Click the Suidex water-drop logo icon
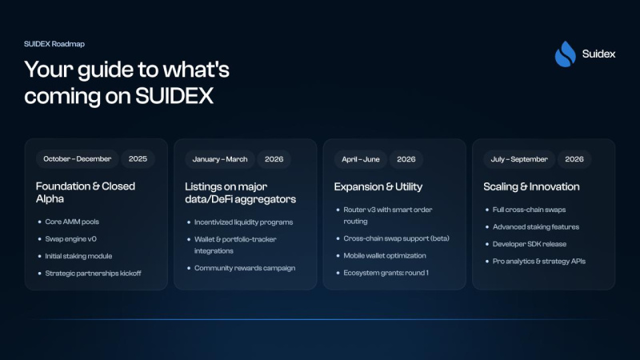coord(565,54)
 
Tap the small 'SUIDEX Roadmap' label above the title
coord(54,44)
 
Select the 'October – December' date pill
coord(77,158)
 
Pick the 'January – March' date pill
coord(220,158)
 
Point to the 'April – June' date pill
coord(360,158)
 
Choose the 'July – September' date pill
coord(518,158)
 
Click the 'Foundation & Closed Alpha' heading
coord(86,192)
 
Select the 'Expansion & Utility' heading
coord(378,186)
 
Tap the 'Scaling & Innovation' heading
coord(531,186)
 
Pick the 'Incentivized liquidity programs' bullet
coord(243,221)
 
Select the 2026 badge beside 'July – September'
coord(574,158)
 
